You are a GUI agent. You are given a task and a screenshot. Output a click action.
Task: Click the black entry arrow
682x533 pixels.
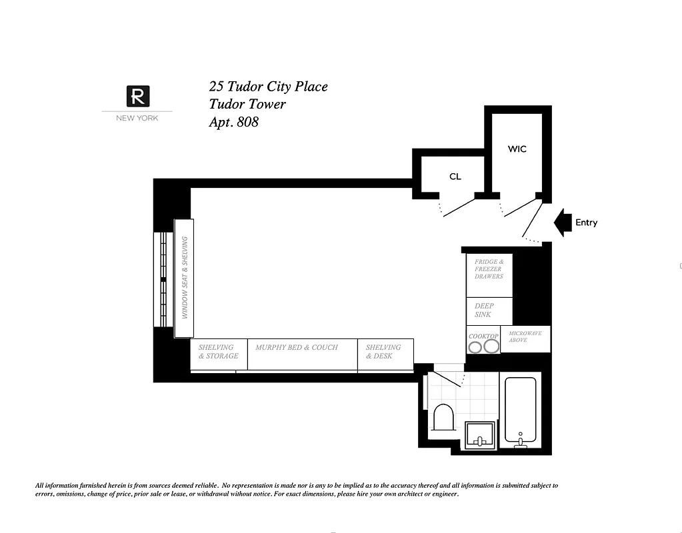tap(563, 223)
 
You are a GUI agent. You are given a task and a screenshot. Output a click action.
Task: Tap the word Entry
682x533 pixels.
tap(586, 223)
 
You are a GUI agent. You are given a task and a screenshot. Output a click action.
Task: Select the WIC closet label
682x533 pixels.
tap(517, 149)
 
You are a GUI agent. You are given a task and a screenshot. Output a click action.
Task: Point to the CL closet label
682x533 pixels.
tap(455, 177)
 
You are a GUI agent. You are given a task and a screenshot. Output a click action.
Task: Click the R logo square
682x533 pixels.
tap(137, 97)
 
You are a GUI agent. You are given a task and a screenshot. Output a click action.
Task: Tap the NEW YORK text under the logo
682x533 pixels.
tap(137, 119)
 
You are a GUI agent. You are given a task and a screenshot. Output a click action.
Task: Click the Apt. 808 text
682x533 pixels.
tap(233, 122)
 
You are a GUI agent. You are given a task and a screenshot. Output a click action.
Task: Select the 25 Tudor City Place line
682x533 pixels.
tap(268, 87)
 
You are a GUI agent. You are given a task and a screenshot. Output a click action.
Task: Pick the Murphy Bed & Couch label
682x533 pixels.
tap(296, 347)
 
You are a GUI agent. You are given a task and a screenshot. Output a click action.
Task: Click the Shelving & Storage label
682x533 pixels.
tap(218, 352)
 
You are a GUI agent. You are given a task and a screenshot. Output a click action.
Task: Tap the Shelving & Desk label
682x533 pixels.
tap(383, 352)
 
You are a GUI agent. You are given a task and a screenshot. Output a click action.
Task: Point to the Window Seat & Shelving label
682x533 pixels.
tap(185, 278)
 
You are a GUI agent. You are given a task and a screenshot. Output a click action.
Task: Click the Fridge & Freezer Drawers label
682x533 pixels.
tap(489, 269)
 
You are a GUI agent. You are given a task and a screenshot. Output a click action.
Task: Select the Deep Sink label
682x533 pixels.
tap(484, 310)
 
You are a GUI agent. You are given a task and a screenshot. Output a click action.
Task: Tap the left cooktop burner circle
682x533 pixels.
tap(475, 346)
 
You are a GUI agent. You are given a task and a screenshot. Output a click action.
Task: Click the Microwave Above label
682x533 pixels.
tap(525, 336)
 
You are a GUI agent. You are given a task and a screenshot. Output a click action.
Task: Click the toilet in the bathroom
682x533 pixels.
tap(443, 418)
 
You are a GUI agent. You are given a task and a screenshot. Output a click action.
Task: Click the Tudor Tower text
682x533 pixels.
tap(247, 105)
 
